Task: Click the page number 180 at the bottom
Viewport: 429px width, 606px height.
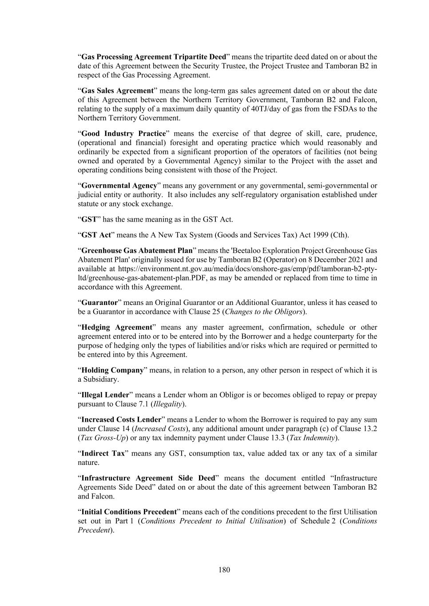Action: point(224,570)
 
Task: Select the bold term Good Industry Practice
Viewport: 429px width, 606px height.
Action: point(123,134)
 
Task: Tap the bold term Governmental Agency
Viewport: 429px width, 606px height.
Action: point(119,186)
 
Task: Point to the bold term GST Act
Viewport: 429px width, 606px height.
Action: point(96,235)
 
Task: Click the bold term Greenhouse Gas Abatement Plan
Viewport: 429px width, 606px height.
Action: point(137,250)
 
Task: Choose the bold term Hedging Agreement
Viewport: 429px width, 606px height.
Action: point(117,327)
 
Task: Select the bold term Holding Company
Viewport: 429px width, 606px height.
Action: point(112,370)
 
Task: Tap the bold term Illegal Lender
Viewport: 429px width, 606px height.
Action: point(105,395)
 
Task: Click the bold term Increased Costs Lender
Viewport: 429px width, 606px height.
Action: point(121,420)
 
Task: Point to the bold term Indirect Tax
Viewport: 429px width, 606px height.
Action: point(103,453)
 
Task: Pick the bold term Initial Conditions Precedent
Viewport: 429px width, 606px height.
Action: point(129,512)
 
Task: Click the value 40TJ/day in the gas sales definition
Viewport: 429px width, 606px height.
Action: point(260,109)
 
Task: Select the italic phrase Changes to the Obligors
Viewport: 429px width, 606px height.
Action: point(264,312)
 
